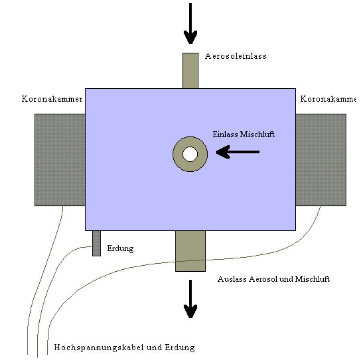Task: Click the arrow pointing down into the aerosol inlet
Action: tap(190, 24)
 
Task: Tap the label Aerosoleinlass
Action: tap(236, 56)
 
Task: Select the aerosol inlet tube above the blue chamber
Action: tap(190, 70)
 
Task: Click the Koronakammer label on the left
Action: tap(52, 99)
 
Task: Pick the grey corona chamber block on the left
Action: tap(60, 160)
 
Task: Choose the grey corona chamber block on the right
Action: tap(321, 160)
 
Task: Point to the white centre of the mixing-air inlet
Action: tap(190, 154)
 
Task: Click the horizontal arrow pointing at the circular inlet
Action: tap(238, 152)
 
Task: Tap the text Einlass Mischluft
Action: tap(243, 134)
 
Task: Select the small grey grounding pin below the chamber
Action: tap(96, 243)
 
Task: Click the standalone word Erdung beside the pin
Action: tap(120, 248)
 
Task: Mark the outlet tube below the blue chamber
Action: tap(190, 251)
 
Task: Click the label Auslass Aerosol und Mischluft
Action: tap(273, 279)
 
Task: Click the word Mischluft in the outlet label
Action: tap(312, 279)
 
